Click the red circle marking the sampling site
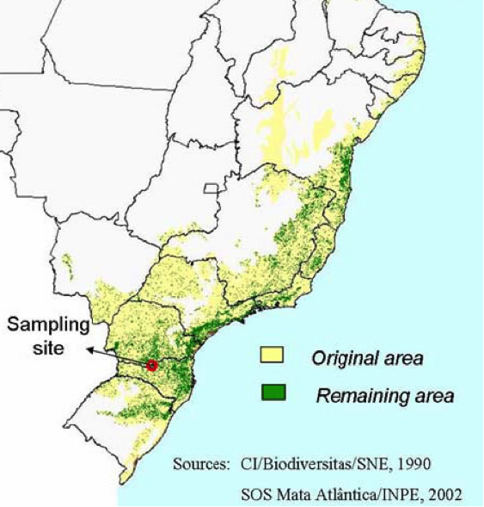[152, 365]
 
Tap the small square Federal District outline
[210, 188]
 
